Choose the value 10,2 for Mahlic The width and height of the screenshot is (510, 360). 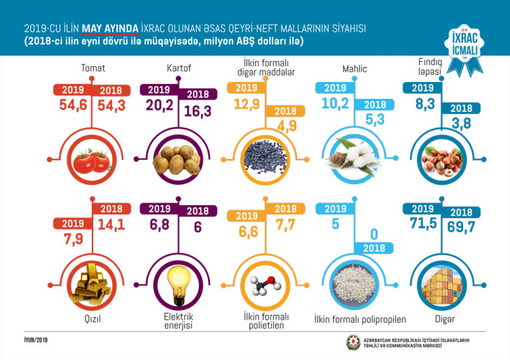point(336,105)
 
